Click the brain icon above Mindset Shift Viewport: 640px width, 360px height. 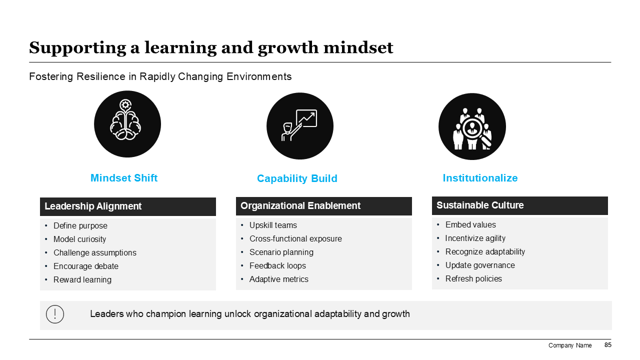127,124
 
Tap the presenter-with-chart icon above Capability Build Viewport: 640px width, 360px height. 300,126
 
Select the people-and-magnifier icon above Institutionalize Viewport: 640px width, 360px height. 472,126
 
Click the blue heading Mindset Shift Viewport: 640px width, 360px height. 124,178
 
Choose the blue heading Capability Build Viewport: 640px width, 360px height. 297,178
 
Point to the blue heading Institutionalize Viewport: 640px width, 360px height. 480,178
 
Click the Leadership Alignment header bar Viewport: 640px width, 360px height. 128,206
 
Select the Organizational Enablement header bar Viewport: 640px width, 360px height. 324,206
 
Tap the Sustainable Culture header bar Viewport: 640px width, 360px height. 520,205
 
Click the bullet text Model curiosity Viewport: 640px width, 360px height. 79,239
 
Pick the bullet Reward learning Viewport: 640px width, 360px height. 82,279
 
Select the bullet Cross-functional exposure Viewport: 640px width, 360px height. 295,238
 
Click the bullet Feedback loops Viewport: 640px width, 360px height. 277,265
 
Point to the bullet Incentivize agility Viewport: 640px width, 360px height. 475,238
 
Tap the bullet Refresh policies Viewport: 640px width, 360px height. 473,279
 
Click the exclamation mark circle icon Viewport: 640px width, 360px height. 55,314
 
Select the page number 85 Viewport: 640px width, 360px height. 607,345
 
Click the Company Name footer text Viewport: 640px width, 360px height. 570,345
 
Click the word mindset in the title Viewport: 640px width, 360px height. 358,47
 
